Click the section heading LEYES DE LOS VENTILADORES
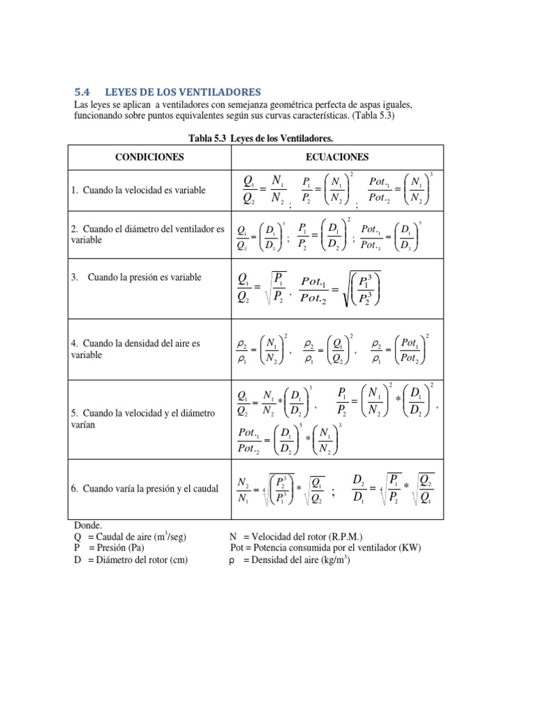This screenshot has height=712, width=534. click(x=182, y=92)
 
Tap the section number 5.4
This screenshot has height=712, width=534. click(x=82, y=92)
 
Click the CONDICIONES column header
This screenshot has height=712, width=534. click(x=149, y=157)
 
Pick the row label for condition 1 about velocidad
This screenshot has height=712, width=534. click(x=138, y=191)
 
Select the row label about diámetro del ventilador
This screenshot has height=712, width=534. click(x=148, y=234)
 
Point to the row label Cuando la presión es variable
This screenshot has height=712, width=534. click(x=136, y=277)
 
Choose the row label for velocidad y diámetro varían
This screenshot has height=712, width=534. click(x=143, y=419)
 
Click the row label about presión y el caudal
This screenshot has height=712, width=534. click(x=145, y=489)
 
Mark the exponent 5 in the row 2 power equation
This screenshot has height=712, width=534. click(x=420, y=223)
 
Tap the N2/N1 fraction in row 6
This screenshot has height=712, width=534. click(x=243, y=489)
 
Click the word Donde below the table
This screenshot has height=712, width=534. click(x=88, y=526)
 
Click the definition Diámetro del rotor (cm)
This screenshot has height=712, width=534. click(x=131, y=560)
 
